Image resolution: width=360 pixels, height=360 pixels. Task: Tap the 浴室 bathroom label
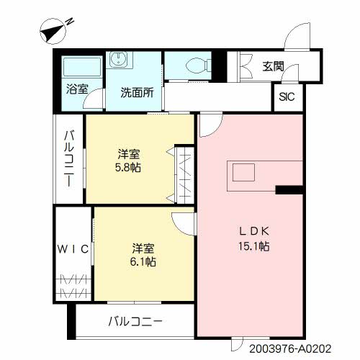[x=77, y=89]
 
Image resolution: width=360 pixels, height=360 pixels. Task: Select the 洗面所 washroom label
[x=137, y=92]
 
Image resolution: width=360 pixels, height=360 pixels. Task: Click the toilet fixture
[x=198, y=65]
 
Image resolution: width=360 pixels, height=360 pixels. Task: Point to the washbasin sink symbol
[x=120, y=59]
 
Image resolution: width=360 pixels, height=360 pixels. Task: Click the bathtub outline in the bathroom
[x=82, y=67]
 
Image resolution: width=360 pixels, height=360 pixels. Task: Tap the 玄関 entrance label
[x=273, y=66]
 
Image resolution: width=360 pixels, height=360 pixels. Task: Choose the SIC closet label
[x=287, y=96]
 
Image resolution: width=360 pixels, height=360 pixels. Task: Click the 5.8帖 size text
[x=128, y=167]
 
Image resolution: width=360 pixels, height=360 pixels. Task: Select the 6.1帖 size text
[x=143, y=261]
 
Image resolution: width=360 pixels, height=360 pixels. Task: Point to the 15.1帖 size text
[x=253, y=246]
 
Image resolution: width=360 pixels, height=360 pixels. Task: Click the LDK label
[x=254, y=231]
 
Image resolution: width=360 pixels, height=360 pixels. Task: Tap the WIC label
[x=73, y=249]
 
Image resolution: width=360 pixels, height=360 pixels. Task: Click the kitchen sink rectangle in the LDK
[x=243, y=172]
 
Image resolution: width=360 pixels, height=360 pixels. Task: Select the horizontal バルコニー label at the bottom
[x=135, y=321]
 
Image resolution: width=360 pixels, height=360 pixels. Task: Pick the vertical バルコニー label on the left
[x=68, y=158]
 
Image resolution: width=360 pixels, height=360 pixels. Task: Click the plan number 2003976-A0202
[x=290, y=348]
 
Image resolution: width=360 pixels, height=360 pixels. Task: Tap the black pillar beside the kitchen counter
[x=289, y=190]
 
